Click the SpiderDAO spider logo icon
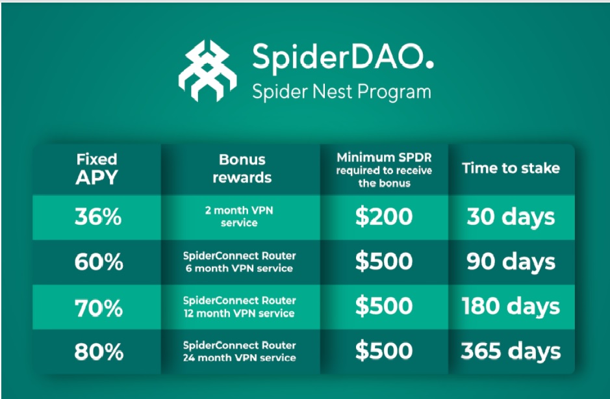[x=207, y=70]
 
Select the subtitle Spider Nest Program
[x=342, y=92]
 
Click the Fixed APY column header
[x=97, y=169]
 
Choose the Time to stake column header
[x=511, y=168]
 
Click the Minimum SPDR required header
[x=385, y=170]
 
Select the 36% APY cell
[x=98, y=216]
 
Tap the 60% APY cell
[x=99, y=262]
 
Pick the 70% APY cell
[x=99, y=307]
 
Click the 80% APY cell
[x=99, y=352]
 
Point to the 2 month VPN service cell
[x=239, y=216]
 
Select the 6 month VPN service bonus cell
[x=239, y=262]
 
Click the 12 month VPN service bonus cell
[x=239, y=307]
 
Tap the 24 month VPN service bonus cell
[x=239, y=352]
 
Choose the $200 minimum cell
[x=384, y=216]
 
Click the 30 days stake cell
[x=511, y=217]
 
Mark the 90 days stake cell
[x=511, y=262]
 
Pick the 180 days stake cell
[x=511, y=307]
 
